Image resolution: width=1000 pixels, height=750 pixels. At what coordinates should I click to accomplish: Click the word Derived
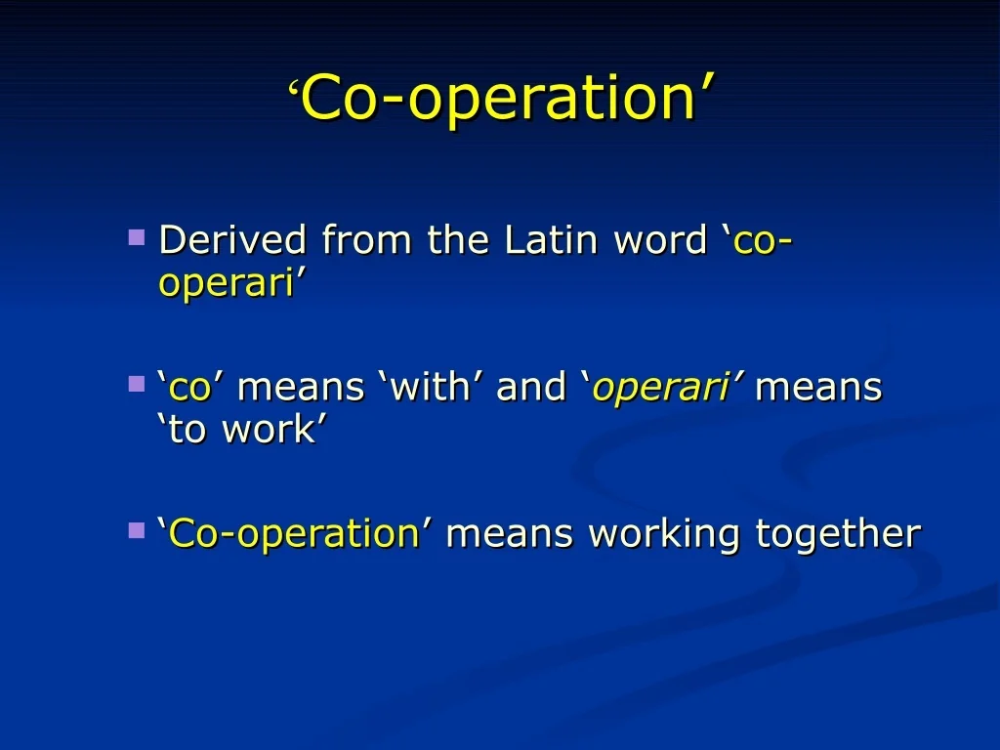click(232, 240)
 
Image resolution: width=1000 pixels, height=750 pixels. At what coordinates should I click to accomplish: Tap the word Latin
click(551, 240)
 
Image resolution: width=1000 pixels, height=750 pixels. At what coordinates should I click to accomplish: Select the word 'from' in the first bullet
click(366, 240)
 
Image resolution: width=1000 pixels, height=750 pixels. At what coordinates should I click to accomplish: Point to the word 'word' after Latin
click(660, 240)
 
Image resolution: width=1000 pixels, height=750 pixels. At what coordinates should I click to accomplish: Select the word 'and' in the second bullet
click(530, 387)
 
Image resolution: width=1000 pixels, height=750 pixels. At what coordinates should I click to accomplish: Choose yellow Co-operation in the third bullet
click(293, 534)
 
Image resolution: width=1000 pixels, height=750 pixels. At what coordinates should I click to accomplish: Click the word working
click(664, 534)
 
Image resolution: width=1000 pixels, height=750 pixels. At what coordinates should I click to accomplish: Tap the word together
click(838, 534)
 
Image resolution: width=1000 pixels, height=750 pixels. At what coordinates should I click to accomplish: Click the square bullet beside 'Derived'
click(137, 237)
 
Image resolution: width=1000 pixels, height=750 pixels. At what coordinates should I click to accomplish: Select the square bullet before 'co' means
click(137, 384)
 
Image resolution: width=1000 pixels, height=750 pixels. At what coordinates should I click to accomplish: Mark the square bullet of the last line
click(137, 530)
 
